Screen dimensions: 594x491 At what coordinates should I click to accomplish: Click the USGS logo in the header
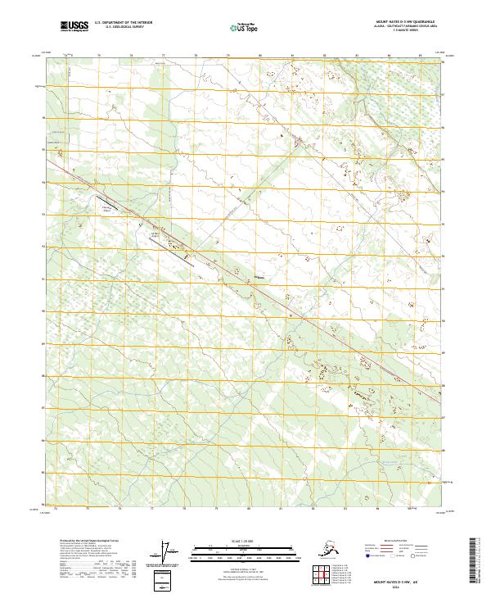pos(74,26)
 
